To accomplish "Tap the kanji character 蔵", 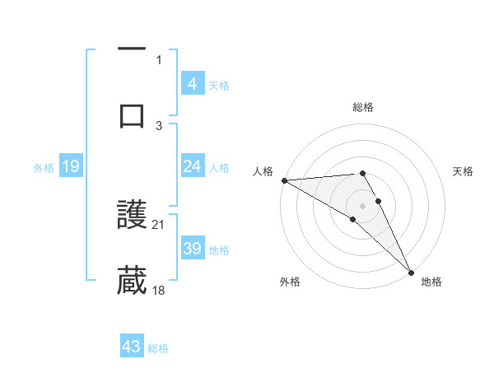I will (132, 281).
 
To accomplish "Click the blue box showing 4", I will (192, 84).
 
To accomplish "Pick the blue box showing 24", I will (192, 166).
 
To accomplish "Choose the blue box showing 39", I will (192, 249).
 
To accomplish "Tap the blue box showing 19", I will (70, 167).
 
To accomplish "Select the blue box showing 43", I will (132, 347).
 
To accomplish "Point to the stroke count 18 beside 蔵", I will (160, 290).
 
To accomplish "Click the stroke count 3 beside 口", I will (159, 125).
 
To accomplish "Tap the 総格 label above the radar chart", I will (362, 107).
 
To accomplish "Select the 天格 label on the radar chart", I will (464, 171).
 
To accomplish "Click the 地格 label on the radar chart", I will (431, 282).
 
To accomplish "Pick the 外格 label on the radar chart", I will (290, 282).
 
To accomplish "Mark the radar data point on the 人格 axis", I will (284, 180).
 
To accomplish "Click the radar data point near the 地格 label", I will (411, 271).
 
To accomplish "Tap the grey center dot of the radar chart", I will (362, 205).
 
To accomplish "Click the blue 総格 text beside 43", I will (158, 348).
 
